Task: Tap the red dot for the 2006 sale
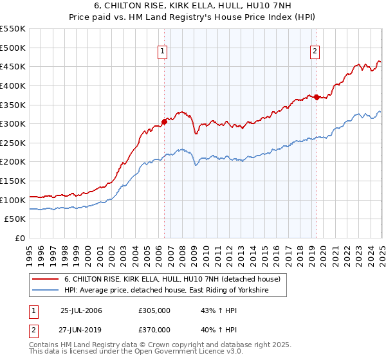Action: pyautogui.click(x=165, y=121)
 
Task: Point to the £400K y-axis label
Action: pyautogui.click(x=13, y=85)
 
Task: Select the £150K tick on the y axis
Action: pyautogui.click(x=13, y=181)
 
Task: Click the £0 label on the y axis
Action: pyautogui.click(x=20, y=238)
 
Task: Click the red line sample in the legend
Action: pyautogui.click(x=45, y=280)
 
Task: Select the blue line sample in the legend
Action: pyautogui.click(x=45, y=291)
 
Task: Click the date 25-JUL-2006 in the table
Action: pyautogui.click(x=81, y=310)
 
